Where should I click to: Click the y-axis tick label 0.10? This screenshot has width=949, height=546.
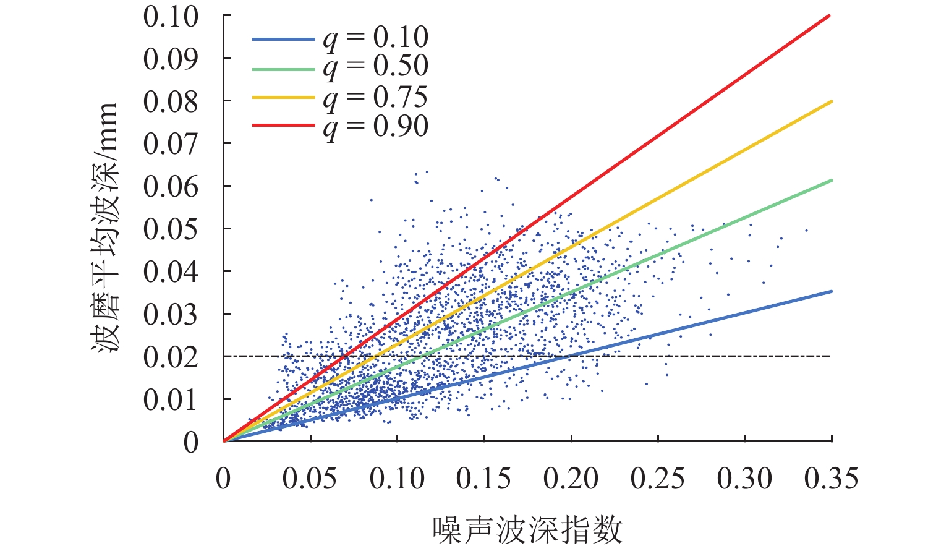tap(171, 17)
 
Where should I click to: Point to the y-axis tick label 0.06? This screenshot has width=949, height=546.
tap(171, 186)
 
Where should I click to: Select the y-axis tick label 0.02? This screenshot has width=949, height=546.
tap(171, 357)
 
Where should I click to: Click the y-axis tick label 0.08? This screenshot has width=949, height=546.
tap(171, 101)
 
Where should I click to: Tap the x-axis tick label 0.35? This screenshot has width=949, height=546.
tap(832, 479)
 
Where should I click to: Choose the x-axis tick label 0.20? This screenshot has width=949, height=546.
tap(571, 479)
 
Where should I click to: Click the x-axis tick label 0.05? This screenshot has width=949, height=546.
tap(310, 479)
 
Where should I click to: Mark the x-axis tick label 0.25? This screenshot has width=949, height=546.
tap(658, 479)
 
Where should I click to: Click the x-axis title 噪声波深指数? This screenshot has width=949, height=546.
tap(527, 529)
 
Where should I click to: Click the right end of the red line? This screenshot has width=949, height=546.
tap(831, 15)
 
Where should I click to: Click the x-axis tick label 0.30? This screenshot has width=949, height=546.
tap(744, 479)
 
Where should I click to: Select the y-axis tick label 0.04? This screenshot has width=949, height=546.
tap(171, 271)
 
